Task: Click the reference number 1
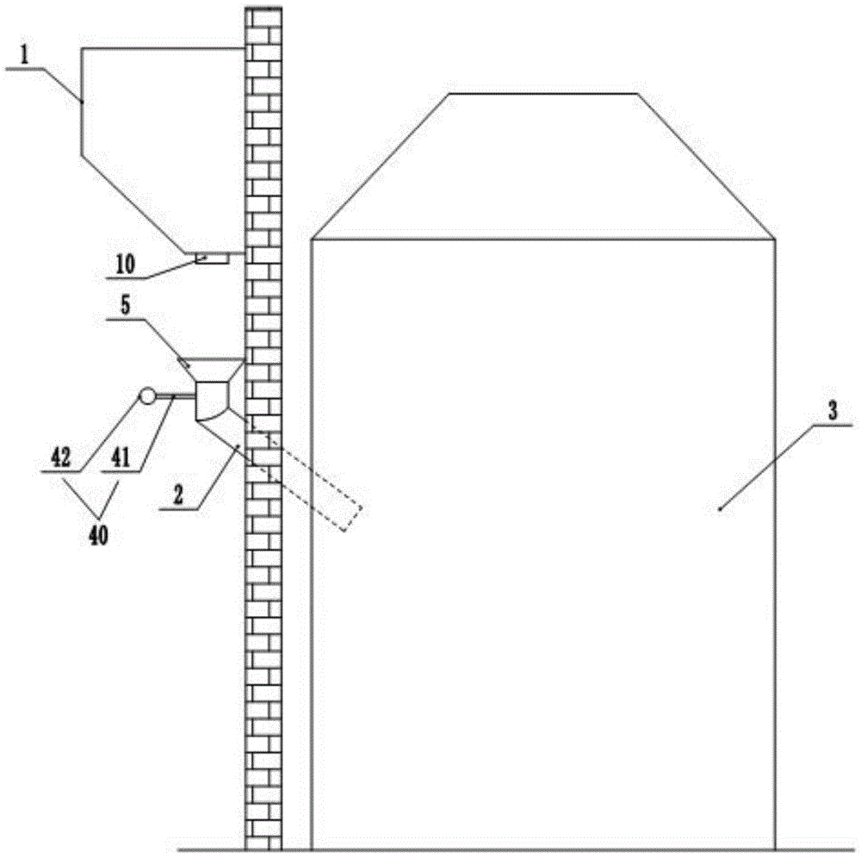pos(24,54)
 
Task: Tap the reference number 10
pos(125,264)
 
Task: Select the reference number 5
pos(126,306)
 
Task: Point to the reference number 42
pos(61,457)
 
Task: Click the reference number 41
pos(121,457)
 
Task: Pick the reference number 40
pos(99,535)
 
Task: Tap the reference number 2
pos(178,495)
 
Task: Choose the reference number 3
pos(833,411)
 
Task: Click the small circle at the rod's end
pos(147,395)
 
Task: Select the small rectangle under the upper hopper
pos(212,258)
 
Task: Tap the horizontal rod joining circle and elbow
pos(175,395)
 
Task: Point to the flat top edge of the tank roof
pos(543,93)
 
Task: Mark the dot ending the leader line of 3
pos(719,510)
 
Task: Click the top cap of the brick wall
pos(263,9)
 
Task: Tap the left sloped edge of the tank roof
pos(381,166)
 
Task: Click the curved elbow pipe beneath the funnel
pos(212,401)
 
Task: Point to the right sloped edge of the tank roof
pos(706,166)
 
